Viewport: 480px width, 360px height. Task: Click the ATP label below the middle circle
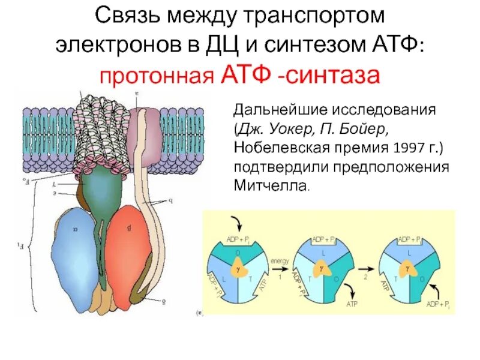[352, 304]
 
